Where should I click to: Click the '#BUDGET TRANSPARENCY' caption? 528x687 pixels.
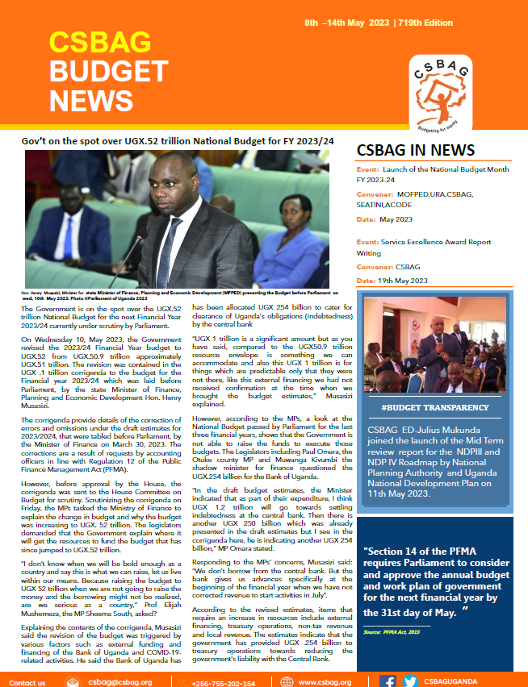tap(435, 408)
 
